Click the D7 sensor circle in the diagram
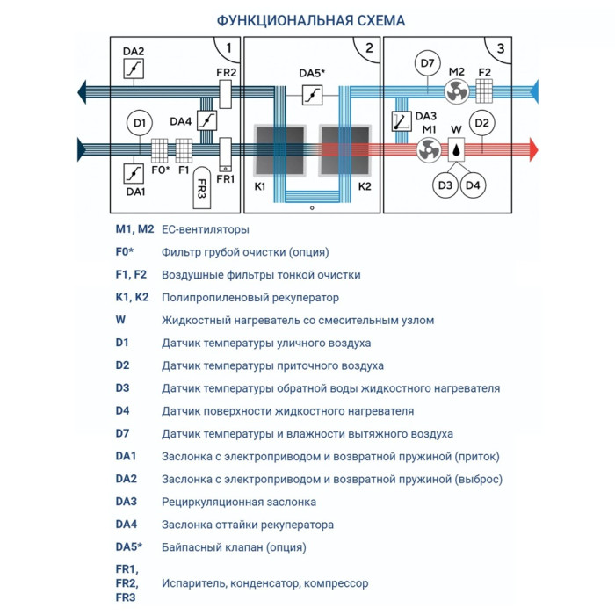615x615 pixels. coord(427,64)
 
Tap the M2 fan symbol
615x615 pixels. coord(456,91)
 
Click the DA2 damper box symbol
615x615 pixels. coord(134,69)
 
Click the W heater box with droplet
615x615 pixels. coord(457,149)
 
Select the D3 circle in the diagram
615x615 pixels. coord(445,185)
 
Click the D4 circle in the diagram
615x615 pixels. coord(474,185)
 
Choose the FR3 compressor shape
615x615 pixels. coord(201,183)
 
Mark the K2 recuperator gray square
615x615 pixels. coord(344,150)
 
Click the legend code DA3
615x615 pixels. coord(126,502)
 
